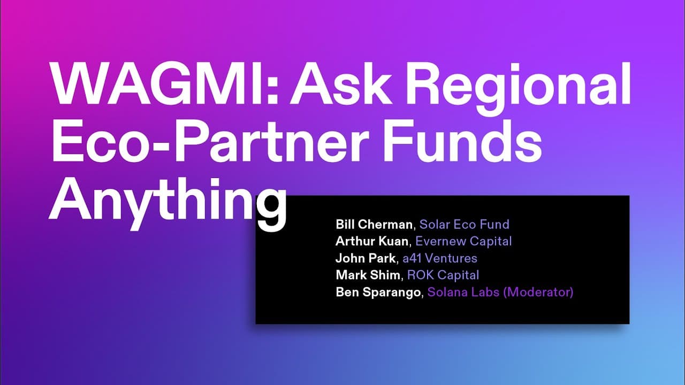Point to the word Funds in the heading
pyautogui.click(x=462, y=141)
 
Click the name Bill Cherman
pyautogui.click(x=374, y=224)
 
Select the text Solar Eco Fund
pyautogui.click(x=464, y=224)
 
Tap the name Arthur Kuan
pyautogui.click(x=372, y=241)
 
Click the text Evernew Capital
pyautogui.click(x=463, y=241)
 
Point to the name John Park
pyautogui.click(x=366, y=258)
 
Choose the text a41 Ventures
pyautogui.click(x=440, y=258)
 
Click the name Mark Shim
pyautogui.click(x=368, y=275)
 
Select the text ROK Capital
pyautogui.click(x=443, y=275)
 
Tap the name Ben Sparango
pyautogui.click(x=378, y=292)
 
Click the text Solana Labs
pyautogui.click(x=463, y=292)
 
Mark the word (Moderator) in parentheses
pyautogui.click(x=538, y=292)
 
